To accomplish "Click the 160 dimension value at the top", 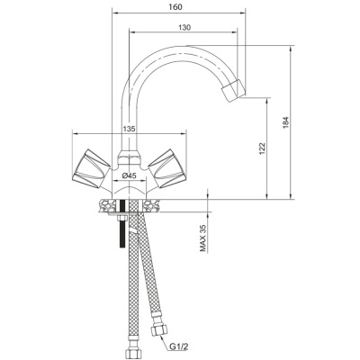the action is click(x=175, y=7).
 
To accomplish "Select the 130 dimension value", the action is click(x=184, y=27).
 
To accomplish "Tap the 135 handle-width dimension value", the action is click(x=130, y=129).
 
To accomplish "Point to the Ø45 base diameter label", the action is click(x=130, y=176).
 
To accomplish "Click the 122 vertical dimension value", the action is click(x=262, y=148).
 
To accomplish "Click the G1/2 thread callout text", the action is click(x=179, y=347).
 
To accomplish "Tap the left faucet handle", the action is click(x=91, y=168).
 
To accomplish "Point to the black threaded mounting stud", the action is click(x=122, y=224).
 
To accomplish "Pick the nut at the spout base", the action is click(x=129, y=158).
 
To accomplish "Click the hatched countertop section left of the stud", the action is click(x=108, y=206).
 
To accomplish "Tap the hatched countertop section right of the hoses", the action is click(x=151, y=206).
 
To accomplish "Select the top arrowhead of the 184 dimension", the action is click(x=291, y=49).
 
